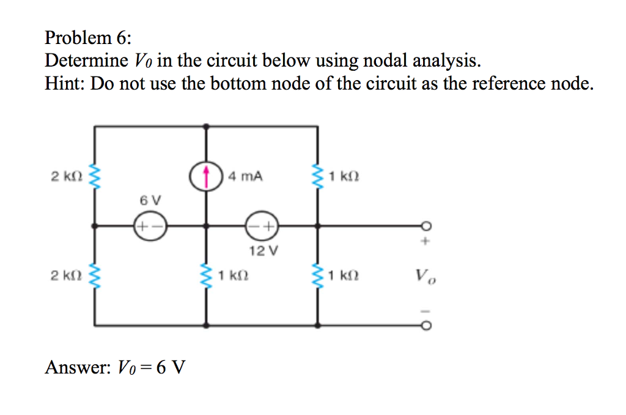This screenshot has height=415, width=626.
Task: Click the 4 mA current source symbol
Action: pos(206,175)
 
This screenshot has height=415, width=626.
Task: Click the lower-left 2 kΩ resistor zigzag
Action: pos(95,276)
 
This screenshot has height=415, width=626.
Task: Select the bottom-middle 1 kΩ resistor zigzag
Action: pos(206,276)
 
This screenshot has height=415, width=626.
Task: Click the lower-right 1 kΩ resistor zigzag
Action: pos(317,276)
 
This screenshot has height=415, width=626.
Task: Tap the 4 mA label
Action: pos(245,177)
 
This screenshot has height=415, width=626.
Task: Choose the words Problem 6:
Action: pos(87,39)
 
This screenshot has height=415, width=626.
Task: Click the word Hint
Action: pos(64,83)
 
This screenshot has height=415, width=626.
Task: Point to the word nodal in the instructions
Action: pos(386,61)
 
